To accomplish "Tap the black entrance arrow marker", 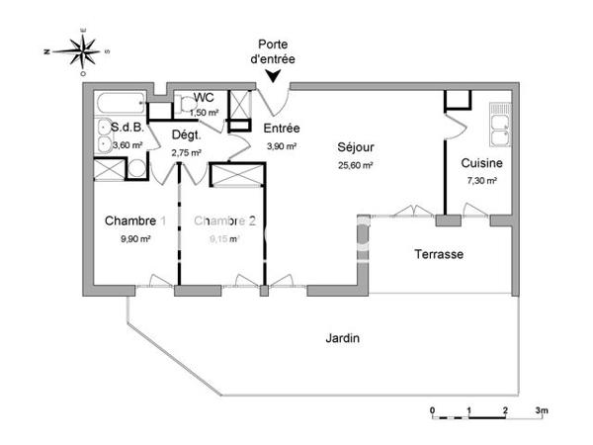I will click(272, 75).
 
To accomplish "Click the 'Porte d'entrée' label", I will click(273, 51).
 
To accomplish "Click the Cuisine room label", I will click(481, 163).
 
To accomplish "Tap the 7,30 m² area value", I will click(481, 181).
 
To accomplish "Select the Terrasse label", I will click(438, 254).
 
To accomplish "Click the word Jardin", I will click(343, 338).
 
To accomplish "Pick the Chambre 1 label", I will click(135, 221).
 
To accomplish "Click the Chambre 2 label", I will click(224, 221).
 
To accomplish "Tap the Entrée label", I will click(282, 129).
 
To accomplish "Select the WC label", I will click(204, 97).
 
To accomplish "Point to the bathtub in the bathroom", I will click(121, 103).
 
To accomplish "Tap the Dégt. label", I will click(187, 135).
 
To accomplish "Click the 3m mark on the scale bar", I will click(541, 408).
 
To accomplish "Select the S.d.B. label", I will click(127, 128).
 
